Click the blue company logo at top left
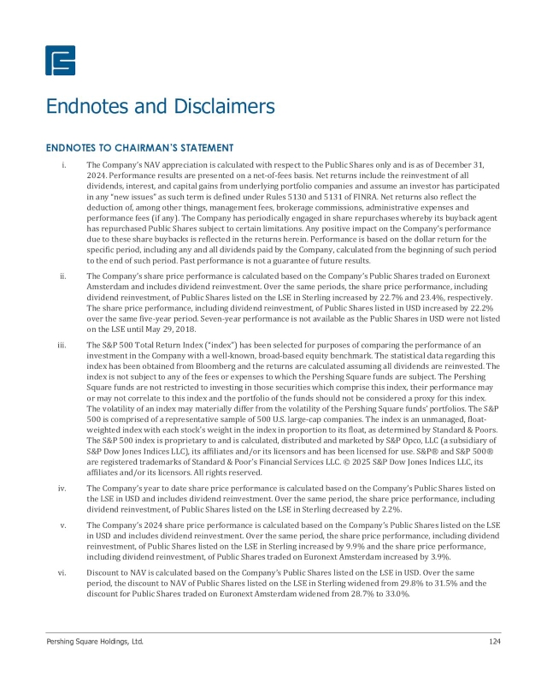[x=60, y=60]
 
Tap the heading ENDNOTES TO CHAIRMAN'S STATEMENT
[x=139, y=149]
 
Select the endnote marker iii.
[x=62, y=344]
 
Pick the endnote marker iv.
[x=62, y=487]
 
